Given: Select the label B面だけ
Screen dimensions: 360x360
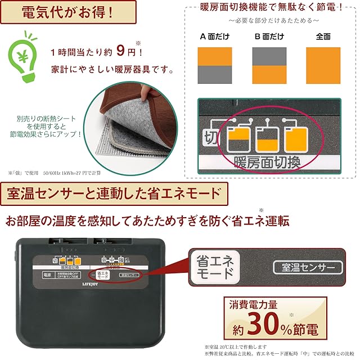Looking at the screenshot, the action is point(269,37).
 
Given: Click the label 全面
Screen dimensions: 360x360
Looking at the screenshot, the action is point(323,37).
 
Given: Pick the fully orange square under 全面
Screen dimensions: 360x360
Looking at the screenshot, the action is point(323,65).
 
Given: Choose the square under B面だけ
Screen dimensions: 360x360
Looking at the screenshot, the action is point(269,65).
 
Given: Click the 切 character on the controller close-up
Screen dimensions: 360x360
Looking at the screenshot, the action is point(209,137).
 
